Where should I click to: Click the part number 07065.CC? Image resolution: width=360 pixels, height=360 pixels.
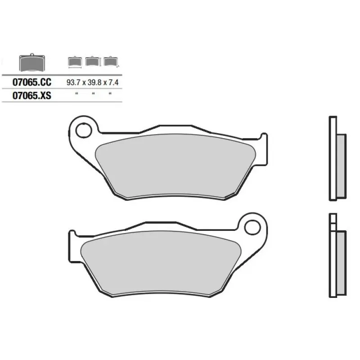[32, 82]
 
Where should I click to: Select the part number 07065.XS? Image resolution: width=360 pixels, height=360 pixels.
[32, 95]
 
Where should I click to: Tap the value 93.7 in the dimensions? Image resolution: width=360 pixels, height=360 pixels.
[73, 82]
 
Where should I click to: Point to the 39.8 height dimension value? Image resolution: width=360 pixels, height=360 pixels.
[94, 82]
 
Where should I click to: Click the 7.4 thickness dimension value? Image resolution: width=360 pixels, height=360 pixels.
[113, 82]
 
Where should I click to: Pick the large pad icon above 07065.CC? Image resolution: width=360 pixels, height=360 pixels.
[32, 63]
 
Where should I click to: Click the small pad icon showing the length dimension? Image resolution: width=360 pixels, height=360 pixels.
[75, 62]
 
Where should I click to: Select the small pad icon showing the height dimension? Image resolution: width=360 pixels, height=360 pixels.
[93, 61]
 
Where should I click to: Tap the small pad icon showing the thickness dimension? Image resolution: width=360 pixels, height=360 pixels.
[111, 62]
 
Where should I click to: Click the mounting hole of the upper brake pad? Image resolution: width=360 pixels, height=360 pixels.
[84, 130]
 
